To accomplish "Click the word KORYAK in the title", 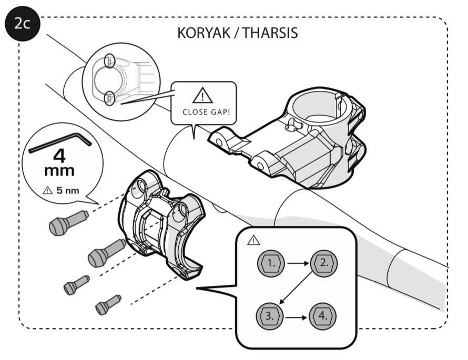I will pos(204,33).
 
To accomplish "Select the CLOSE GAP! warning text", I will pos(202,111).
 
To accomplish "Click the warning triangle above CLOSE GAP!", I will pos(202,97).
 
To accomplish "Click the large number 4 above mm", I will pos(59,156).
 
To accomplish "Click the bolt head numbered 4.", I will pos(323,316).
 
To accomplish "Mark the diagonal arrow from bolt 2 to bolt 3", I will pos(297,290).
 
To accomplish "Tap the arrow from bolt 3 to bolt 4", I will pos(297,316).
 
